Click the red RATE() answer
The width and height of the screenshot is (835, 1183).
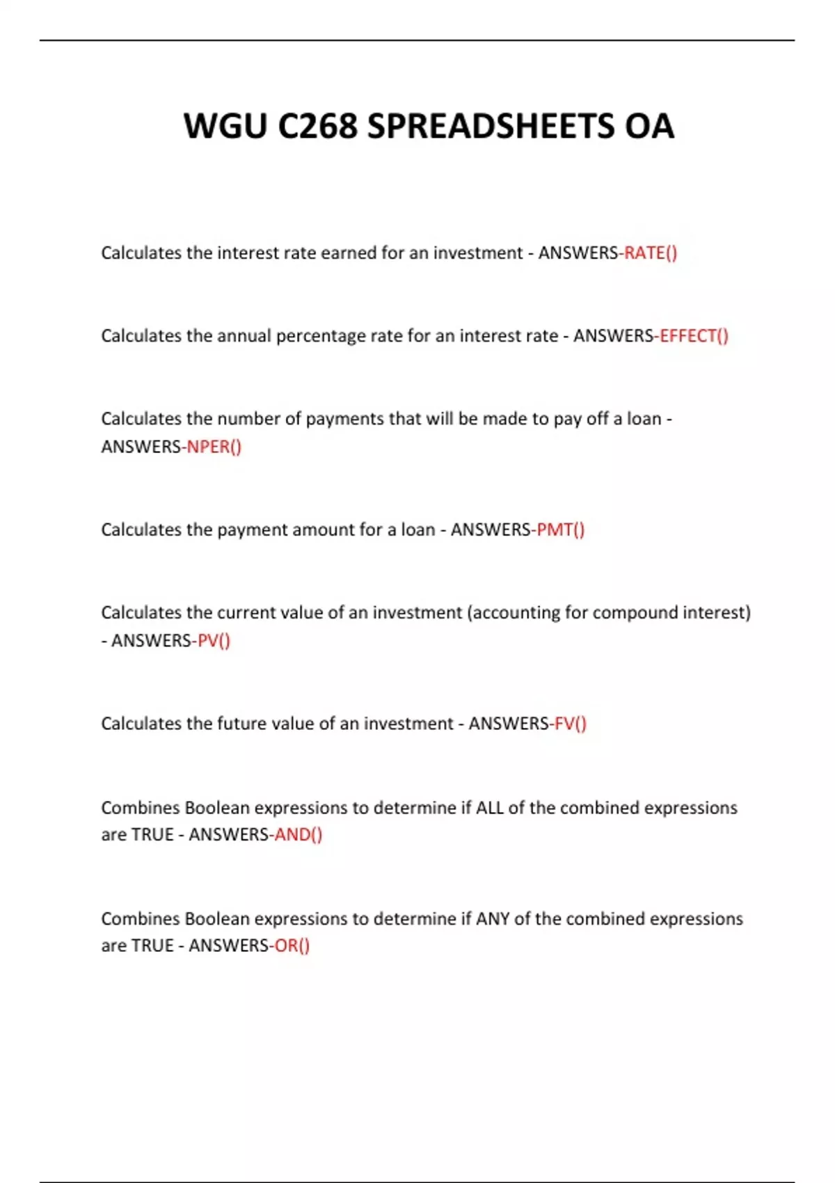click(x=651, y=253)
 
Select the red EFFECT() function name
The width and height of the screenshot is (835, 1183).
click(x=694, y=336)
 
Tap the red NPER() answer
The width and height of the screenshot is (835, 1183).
click(x=214, y=447)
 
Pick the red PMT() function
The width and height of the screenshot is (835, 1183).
click(x=561, y=530)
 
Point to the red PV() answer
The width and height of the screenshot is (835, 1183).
click(x=214, y=640)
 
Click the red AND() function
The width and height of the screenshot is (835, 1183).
click(x=299, y=834)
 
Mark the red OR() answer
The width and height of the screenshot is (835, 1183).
click(x=292, y=946)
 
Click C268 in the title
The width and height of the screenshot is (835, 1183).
click(x=317, y=126)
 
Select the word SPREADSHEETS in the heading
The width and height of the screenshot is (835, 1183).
click(x=491, y=126)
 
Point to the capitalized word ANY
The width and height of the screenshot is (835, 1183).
click(x=493, y=919)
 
